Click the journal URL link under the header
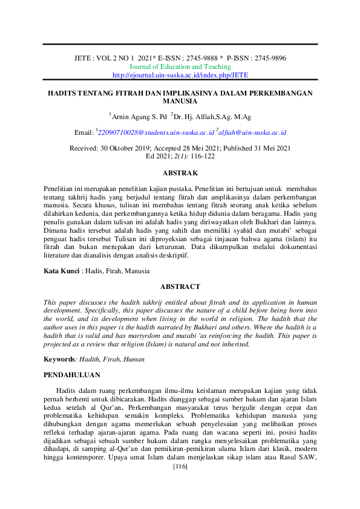click(180, 75)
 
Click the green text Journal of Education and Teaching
click(180, 66)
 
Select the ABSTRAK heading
click(180, 172)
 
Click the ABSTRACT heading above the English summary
click(180, 287)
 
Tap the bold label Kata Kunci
click(62, 271)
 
